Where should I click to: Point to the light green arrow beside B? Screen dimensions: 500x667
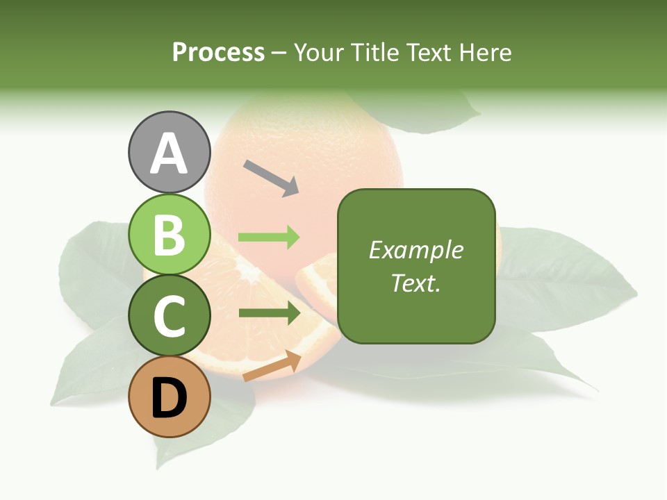point(269,237)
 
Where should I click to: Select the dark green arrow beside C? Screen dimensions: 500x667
point(269,313)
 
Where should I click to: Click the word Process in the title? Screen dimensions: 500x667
point(218,53)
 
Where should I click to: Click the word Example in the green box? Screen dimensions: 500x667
point(415,250)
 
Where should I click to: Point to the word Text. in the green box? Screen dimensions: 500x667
point(415,283)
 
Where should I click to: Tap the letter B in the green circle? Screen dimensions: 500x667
point(170,235)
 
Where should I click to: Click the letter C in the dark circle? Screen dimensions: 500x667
point(170,316)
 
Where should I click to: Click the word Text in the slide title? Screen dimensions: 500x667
point(427,53)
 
